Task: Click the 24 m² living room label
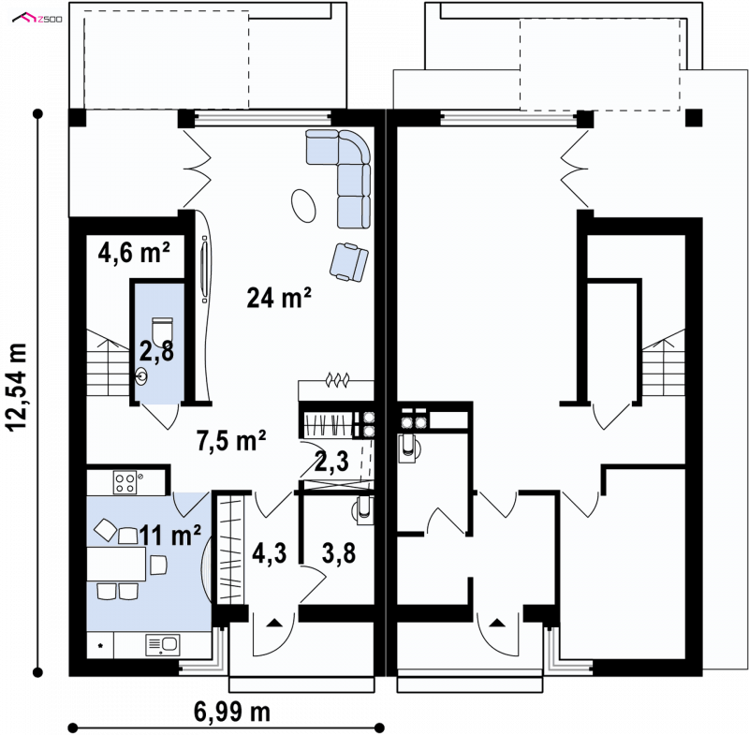279,298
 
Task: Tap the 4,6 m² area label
134,252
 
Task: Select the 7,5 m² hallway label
231,440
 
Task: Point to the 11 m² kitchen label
170,535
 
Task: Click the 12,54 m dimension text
17,387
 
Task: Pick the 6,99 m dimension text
231,713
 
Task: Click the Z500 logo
37,19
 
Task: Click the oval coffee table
303,205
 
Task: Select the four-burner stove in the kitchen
125,482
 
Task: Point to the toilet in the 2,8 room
162,330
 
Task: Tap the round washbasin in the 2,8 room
141,376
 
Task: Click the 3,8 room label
339,553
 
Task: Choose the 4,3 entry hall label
270,553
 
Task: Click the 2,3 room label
331,462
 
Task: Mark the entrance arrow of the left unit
273,623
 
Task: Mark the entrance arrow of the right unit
497,623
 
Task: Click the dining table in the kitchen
116,564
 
